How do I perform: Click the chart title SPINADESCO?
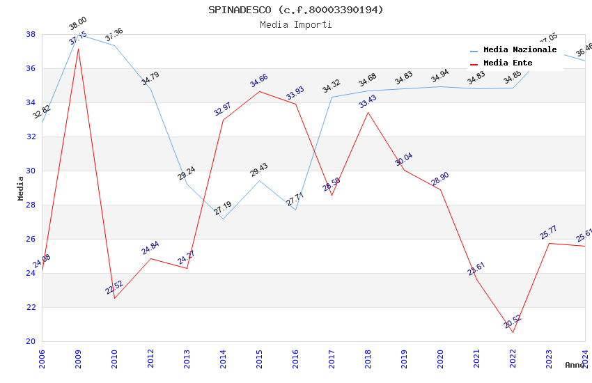[x=295, y=10]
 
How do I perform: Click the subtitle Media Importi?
[x=295, y=24]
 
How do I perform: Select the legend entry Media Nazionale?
[x=520, y=50]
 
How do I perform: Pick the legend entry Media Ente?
[x=508, y=63]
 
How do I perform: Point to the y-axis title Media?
[x=21, y=188]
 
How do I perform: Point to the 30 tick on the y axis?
[x=31, y=171]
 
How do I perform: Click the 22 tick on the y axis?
[x=31, y=307]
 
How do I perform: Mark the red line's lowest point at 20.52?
[x=513, y=332]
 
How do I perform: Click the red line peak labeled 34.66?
[x=259, y=91]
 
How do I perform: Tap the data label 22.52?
[x=114, y=287]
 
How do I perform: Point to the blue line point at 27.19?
[x=223, y=219]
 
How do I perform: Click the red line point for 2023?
[x=549, y=243]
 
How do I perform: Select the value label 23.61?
[x=476, y=269]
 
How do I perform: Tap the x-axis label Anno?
[x=575, y=365]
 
